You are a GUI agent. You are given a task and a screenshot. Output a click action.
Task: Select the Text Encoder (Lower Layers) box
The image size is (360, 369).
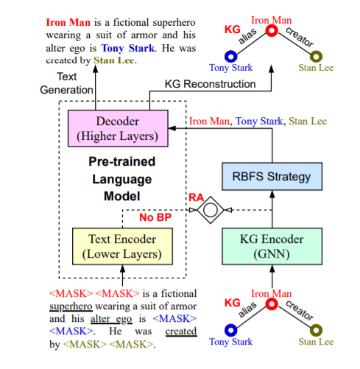(123, 246)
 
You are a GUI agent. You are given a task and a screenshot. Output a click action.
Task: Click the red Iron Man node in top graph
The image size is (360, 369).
(272, 32)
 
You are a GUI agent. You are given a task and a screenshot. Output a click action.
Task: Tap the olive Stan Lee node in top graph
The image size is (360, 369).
(315, 55)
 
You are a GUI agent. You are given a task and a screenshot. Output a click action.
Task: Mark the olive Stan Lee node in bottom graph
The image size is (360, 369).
(315, 328)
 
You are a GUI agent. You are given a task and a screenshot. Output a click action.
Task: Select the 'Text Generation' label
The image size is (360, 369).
(77, 83)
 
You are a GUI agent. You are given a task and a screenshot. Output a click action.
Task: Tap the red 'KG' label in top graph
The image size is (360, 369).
(232, 29)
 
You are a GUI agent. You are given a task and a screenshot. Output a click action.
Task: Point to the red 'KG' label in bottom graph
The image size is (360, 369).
(232, 303)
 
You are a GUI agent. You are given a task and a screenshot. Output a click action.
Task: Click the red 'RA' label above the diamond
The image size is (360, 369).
(197, 196)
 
